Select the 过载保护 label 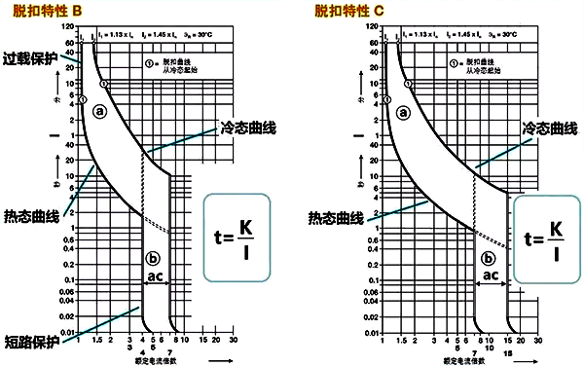click(x=30, y=59)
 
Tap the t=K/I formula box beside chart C click(x=547, y=240)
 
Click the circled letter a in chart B click(x=99, y=112)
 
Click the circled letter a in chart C click(x=403, y=112)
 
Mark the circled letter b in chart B click(x=151, y=258)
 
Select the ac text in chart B click(x=153, y=277)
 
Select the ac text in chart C click(x=490, y=276)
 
